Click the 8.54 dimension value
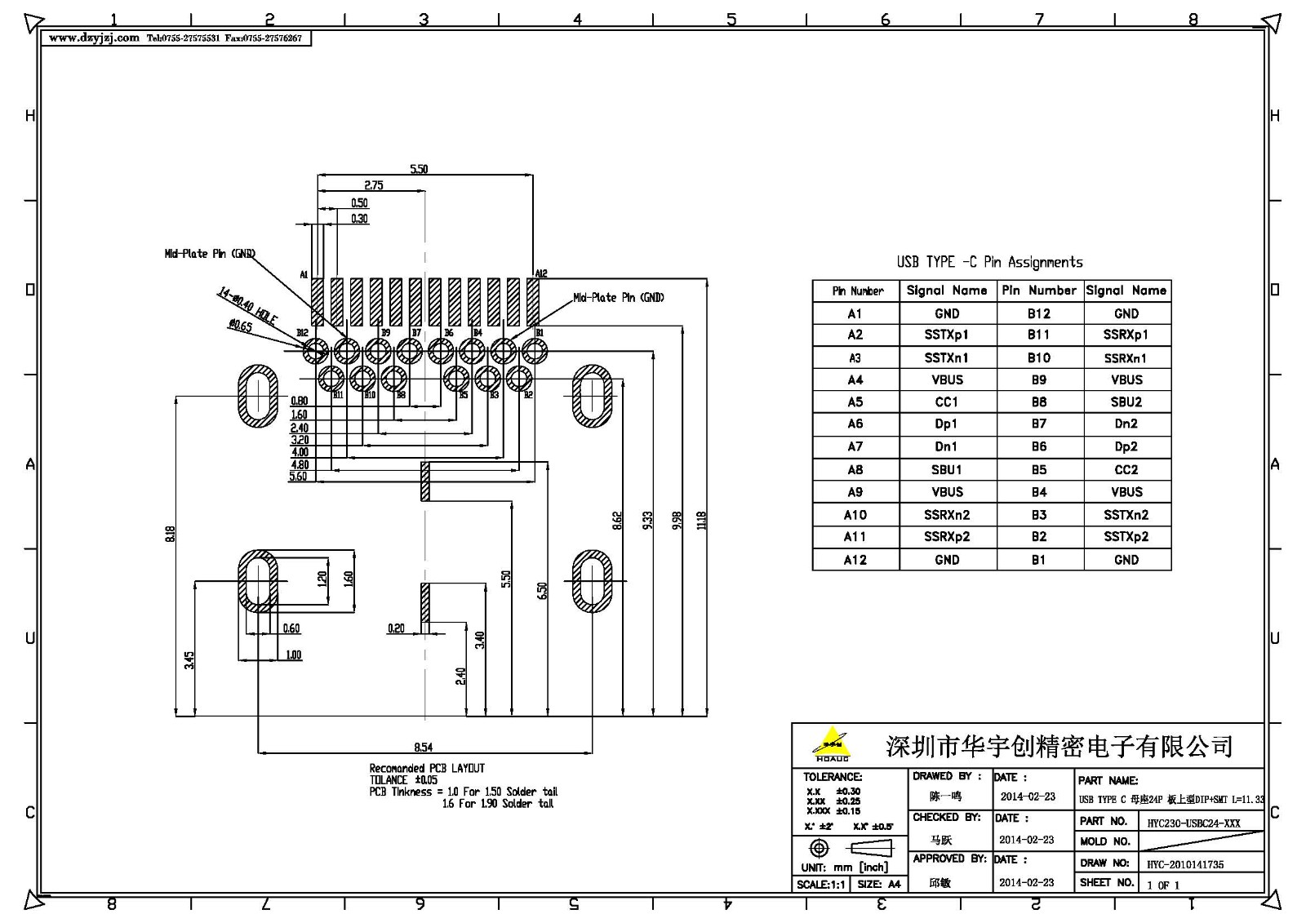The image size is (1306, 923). click(x=423, y=747)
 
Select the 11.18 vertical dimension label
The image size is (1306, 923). click(x=701, y=520)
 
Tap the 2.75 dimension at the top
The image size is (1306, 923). click(x=373, y=185)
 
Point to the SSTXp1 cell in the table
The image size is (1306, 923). click(x=946, y=335)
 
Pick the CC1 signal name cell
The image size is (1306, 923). click(x=946, y=402)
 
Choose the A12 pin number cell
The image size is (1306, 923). click(x=855, y=560)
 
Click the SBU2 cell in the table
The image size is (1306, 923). click(x=1126, y=402)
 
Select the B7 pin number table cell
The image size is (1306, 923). click(x=1038, y=424)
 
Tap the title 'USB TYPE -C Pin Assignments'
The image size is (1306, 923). click(x=989, y=262)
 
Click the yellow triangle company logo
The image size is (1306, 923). click(x=832, y=743)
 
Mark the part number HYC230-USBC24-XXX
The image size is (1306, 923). click(x=1193, y=823)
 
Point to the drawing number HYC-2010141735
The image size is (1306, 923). click(x=1185, y=864)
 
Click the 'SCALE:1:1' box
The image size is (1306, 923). click(x=820, y=884)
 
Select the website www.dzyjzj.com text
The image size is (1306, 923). click(x=94, y=38)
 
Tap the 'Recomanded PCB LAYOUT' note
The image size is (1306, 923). click(x=427, y=768)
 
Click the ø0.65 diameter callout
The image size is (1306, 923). click(x=241, y=326)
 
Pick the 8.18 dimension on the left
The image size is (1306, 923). click(x=170, y=534)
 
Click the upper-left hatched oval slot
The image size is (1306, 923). click(x=258, y=397)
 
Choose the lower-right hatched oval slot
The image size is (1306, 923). click(x=592, y=580)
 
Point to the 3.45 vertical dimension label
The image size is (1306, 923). click(x=189, y=659)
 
